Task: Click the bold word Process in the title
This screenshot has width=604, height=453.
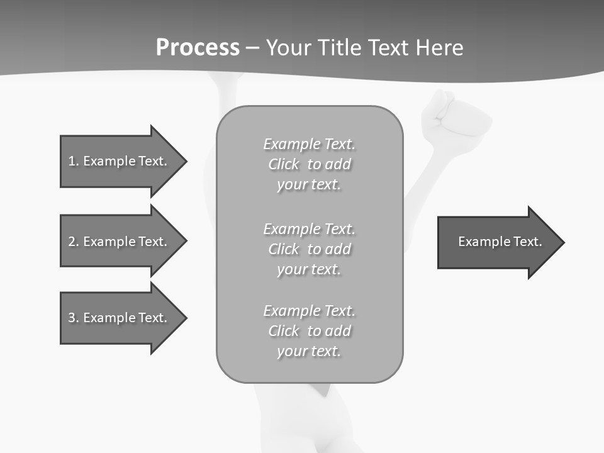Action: click(x=198, y=48)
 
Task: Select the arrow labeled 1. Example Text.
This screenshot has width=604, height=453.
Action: click(x=120, y=161)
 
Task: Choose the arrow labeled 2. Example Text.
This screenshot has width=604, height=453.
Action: click(x=120, y=242)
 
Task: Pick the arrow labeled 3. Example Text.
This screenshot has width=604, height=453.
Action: click(x=120, y=318)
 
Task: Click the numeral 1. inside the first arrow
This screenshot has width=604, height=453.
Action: click(x=73, y=161)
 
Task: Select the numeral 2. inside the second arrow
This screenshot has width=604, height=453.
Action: click(x=73, y=242)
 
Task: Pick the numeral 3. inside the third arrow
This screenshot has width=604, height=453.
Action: click(x=73, y=318)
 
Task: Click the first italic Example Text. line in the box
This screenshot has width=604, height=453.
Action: click(x=309, y=144)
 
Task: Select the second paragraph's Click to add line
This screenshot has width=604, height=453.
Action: click(x=309, y=249)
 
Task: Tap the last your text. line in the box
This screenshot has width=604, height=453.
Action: click(x=309, y=351)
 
